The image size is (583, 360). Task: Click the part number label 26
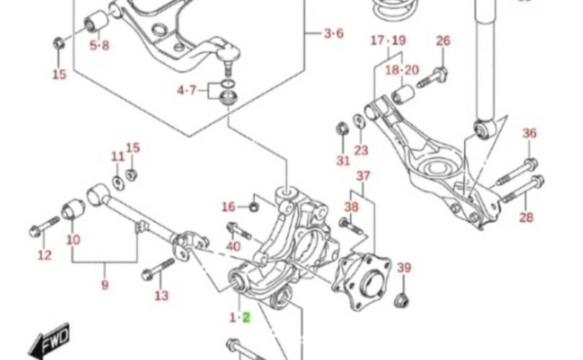443,41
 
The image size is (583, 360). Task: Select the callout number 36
529,133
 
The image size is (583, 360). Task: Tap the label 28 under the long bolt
527,217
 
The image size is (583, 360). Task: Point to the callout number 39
404,269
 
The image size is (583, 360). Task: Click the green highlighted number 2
245,317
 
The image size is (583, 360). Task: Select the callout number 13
161,294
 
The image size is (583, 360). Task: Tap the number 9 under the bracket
105,286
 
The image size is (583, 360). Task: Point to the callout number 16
228,207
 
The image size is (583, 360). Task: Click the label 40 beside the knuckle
233,247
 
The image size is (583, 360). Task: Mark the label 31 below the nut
343,160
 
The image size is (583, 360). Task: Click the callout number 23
361,150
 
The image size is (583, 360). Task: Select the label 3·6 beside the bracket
333,33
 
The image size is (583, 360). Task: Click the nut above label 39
403,296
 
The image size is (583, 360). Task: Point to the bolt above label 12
40,231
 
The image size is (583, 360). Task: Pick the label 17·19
389,41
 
